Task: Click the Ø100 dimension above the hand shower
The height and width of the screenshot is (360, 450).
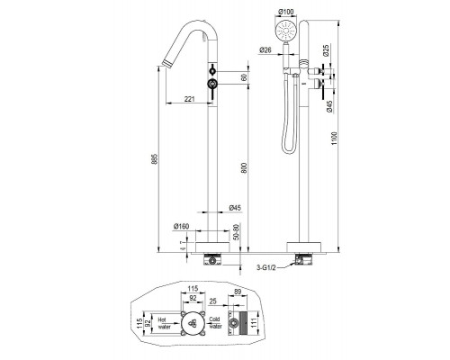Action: coord(285,12)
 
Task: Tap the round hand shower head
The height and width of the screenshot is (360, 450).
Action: coord(285,31)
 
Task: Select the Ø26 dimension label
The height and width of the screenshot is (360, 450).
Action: coord(265,49)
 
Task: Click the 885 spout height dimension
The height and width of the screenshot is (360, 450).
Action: coord(154,159)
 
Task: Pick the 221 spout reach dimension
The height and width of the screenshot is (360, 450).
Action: coord(189,99)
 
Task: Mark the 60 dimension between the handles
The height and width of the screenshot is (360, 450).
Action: coord(244,77)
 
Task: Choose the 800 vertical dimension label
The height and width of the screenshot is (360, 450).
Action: coord(244,167)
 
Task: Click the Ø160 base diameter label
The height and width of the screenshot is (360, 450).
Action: coord(181,226)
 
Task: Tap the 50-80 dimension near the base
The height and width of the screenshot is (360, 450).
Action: coord(236,232)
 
